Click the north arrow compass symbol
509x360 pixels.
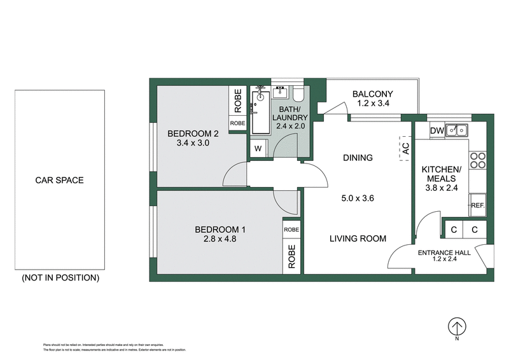456,327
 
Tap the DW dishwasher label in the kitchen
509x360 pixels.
436,131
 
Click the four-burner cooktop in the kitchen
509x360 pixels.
478,160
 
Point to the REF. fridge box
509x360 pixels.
478,205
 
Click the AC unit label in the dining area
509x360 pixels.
405,148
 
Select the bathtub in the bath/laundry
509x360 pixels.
259,111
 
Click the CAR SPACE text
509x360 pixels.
59,180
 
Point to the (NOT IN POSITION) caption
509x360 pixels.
60,278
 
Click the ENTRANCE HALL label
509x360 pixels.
444,253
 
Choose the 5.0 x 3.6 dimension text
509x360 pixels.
357,198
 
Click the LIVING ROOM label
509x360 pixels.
358,239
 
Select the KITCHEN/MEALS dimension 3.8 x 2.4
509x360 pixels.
442,188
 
